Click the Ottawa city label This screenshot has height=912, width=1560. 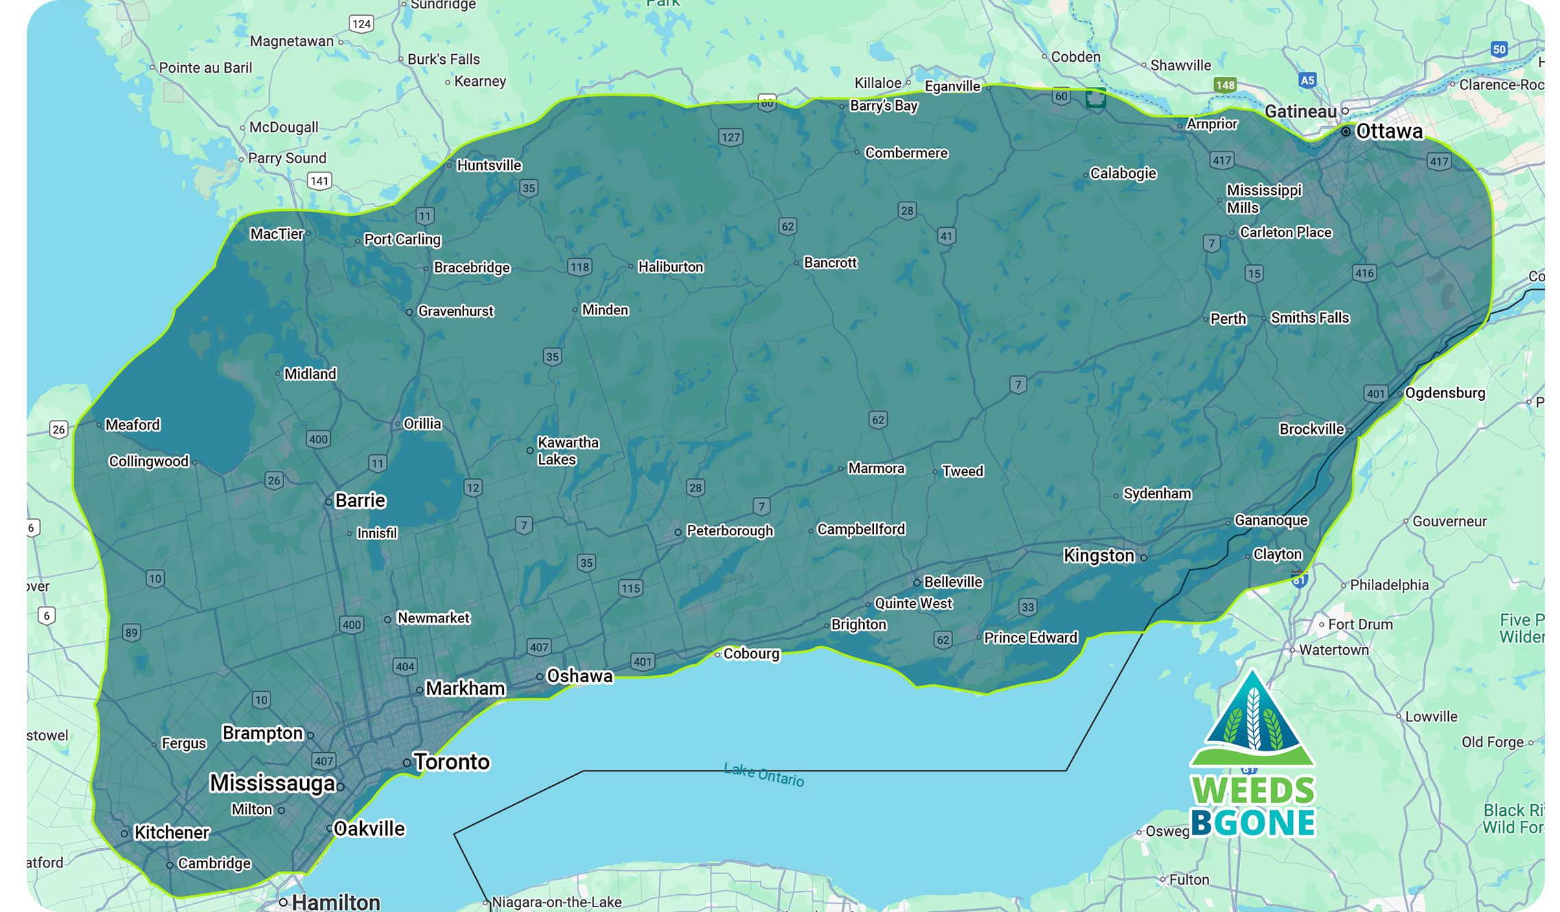tap(1388, 131)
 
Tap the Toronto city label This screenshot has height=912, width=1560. tap(451, 762)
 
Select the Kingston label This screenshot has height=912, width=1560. tap(1099, 555)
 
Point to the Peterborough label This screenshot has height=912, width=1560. tap(729, 530)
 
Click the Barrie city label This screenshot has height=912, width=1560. tap(360, 500)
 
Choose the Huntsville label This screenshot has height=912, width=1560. tap(489, 165)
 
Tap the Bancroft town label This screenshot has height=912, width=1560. tap(830, 263)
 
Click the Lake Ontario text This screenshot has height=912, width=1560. tap(764, 774)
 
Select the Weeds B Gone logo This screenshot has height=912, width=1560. tap(1252, 755)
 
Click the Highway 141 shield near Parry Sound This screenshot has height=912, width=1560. tap(319, 181)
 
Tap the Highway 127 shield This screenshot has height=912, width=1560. tap(731, 137)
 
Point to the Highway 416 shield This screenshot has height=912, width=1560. tap(1364, 273)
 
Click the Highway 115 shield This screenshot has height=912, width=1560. tap(630, 588)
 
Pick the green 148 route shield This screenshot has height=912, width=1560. tap(1224, 85)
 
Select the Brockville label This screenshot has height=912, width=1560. tap(1311, 430)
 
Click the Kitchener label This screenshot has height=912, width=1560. tap(171, 832)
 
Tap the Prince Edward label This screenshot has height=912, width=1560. tap(1030, 638)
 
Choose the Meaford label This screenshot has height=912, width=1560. tap(132, 425)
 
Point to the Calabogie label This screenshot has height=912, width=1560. tap(1123, 174)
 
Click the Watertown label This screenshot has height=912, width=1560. tap(1333, 650)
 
